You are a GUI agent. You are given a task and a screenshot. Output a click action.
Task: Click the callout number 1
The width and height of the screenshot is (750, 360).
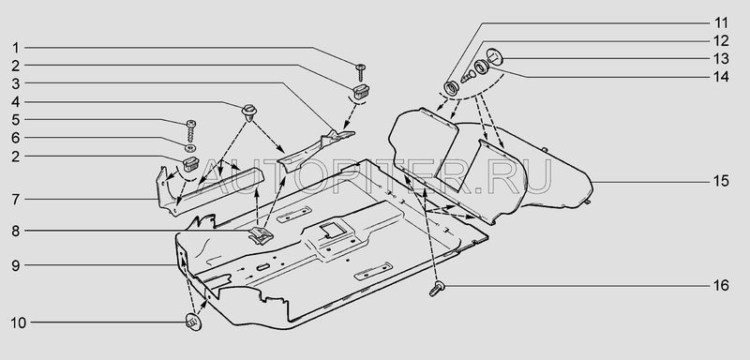click(x=16, y=48)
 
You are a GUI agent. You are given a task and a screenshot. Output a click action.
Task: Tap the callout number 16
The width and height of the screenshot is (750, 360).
click(x=721, y=286)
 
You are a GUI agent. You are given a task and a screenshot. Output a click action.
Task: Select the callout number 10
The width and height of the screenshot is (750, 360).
click(x=18, y=322)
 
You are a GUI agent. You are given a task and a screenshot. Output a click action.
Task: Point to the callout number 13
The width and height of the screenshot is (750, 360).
click(x=721, y=59)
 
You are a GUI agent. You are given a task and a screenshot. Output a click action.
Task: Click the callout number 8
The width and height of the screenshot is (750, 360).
click(x=16, y=231)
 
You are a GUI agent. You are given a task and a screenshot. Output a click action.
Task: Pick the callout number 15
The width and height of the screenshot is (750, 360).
click(x=721, y=181)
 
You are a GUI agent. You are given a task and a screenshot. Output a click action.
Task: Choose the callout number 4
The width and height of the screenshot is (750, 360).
click(x=16, y=102)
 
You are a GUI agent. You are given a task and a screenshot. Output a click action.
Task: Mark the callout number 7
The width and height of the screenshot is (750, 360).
click(x=16, y=200)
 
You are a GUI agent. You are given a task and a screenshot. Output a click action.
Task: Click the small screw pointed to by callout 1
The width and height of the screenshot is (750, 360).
click(x=361, y=71)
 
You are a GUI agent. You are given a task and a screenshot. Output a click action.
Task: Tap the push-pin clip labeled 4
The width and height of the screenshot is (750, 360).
click(x=249, y=112)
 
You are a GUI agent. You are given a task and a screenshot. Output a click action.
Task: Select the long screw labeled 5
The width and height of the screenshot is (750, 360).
click(x=191, y=130)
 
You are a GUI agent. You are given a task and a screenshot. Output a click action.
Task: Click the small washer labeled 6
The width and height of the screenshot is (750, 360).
click(x=190, y=147)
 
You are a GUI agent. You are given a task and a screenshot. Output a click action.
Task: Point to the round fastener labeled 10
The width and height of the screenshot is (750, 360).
click(x=193, y=322)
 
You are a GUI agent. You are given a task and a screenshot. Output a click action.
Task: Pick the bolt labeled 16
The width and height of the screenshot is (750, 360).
click(x=437, y=289)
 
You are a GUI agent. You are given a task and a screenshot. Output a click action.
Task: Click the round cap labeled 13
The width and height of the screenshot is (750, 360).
click(x=494, y=57)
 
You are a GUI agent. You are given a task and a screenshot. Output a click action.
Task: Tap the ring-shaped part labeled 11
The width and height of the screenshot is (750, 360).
click(x=451, y=88)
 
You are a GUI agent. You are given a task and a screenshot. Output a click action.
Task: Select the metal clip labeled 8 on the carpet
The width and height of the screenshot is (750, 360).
click(x=261, y=235)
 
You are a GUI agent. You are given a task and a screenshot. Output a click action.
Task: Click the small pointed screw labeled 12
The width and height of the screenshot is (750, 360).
click(x=467, y=76)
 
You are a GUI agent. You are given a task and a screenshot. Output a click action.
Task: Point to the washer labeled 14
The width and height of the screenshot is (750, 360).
click(x=481, y=67)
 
